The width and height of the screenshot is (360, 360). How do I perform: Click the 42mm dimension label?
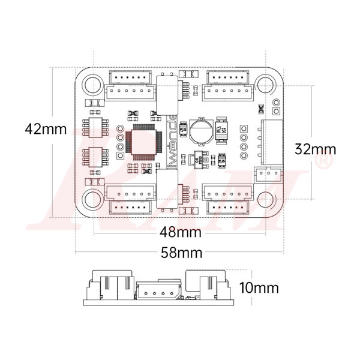pyautogui.click(x=46, y=128)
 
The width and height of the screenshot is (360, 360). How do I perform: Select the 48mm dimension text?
pyautogui.click(x=180, y=232)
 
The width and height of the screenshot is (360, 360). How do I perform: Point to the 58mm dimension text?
pyautogui.click(x=181, y=253)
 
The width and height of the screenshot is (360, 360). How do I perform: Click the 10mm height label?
pyautogui.click(x=259, y=287)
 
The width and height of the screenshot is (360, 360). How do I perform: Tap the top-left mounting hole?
pyautogui.click(x=92, y=85)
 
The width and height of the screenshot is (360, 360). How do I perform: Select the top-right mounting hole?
pyautogui.click(x=265, y=85)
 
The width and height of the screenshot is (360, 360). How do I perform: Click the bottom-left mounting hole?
pyautogui.click(x=92, y=199)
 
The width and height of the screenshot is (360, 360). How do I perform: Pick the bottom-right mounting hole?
pyautogui.click(x=265, y=199)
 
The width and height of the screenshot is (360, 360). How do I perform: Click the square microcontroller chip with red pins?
pyautogui.click(x=143, y=141)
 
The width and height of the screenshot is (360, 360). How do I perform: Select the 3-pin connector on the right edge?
pyautogui.click(x=268, y=174)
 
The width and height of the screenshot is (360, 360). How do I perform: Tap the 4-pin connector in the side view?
pyautogui.click(x=158, y=292)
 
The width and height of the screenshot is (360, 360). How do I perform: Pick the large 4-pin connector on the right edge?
pyautogui.click(x=271, y=142)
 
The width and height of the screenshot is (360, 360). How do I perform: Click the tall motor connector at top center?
pyautogui.click(x=167, y=94)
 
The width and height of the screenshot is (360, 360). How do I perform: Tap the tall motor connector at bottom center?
pyautogui.click(x=167, y=188)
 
